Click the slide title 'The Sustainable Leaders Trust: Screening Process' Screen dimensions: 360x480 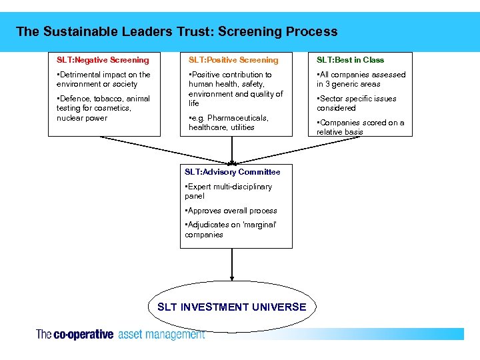[177, 31]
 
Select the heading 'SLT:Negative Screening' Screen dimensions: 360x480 [103, 60]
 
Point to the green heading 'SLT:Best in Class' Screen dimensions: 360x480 [350, 60]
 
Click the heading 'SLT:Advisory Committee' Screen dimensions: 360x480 [233, 172]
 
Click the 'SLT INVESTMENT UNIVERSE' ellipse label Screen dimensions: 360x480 [231, 307]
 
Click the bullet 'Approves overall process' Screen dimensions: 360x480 [231, 211]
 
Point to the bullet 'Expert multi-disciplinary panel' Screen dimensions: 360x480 [229, 191]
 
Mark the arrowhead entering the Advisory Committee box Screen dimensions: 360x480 [232, 161]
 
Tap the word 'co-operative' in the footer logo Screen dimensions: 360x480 [83, 335]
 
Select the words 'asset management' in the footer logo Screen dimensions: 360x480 [161, 335]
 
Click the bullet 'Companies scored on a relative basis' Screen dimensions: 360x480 [361, 127]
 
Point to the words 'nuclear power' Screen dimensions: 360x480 [82, 118]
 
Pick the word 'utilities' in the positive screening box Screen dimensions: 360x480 [243, 127]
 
